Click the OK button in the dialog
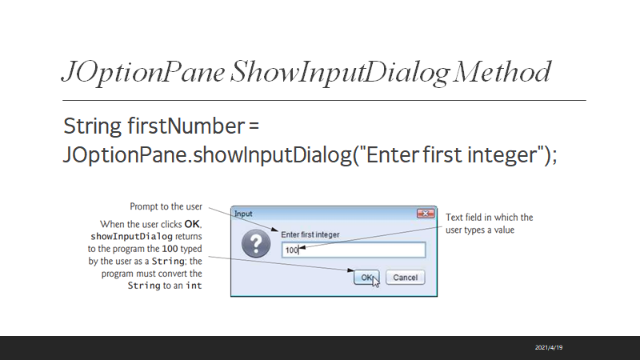click(x=366, y=278)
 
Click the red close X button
click(x=426, y=214)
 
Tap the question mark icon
click(x=256, y=244)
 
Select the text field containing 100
click(x=354, y=250)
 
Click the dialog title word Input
click(x=243, y=214)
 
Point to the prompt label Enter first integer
click(x=310, y=234)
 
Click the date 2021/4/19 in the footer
click(x=549, y=347)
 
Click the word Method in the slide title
click(x=502, y=72)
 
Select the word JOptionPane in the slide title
click(x=143, y=73)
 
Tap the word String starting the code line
click(x=92, y=126)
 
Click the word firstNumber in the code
click(x=186, y=126)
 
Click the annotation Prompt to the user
click(x=166, y=206)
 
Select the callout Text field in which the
click(x=489, y=217)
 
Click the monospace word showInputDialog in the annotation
click(x=131, y=237)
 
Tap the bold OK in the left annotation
click(x=192, y=224)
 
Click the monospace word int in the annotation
click(x=194, y=286)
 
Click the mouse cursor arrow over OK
click(x=375, y=282)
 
